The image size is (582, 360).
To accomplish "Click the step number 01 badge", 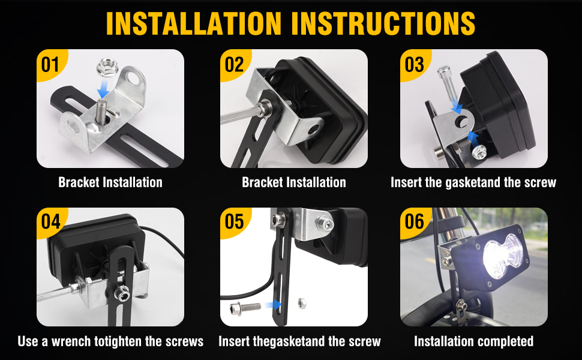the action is [50, 64].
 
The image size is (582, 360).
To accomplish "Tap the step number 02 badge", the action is [234, 64].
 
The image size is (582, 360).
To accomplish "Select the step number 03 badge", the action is [414, 64].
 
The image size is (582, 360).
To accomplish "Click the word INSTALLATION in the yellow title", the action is [194, 23].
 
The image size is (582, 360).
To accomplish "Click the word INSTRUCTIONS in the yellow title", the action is [383, 23].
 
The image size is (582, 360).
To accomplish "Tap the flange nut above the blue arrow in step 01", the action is [107, 68].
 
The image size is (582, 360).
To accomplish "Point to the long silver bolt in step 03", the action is [447, 84].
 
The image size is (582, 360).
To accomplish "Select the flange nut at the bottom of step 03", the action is [479, 152].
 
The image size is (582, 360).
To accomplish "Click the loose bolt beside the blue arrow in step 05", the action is [245, 308].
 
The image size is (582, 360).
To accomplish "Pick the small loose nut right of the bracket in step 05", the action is [302, 304].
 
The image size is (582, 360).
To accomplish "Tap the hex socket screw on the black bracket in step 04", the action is [121, 293].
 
